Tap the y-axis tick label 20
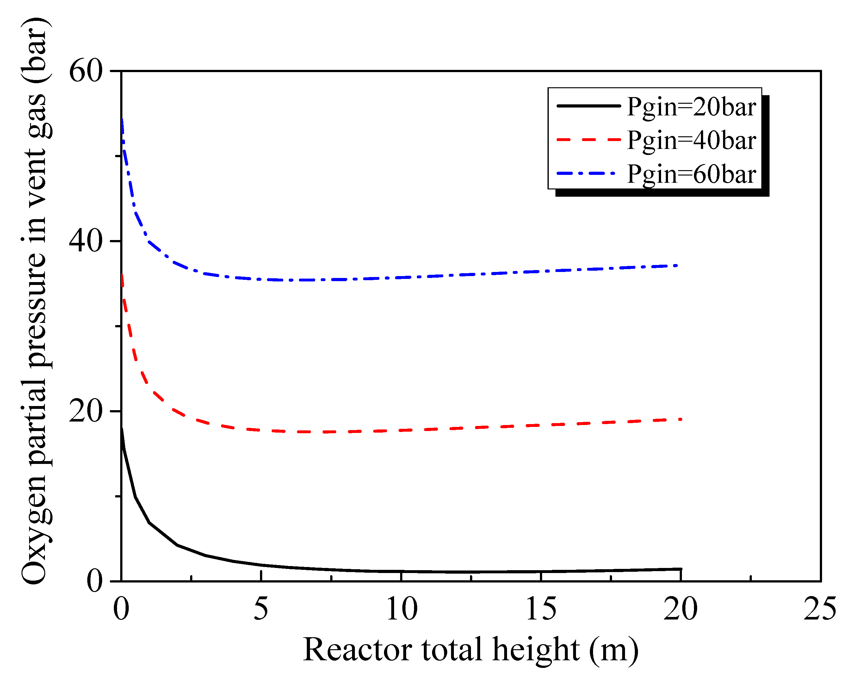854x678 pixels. pos(86,411)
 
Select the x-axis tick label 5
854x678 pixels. pos(261,608)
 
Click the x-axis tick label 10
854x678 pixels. pos(401,608)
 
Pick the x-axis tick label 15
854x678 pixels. pos(541,608)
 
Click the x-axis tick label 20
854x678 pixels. pos(680,608)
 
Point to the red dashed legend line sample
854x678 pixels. pos(588,139)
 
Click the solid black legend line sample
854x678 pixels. pos(588,106)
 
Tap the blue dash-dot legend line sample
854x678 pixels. pos(586,173)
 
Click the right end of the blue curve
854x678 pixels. pos(677,265)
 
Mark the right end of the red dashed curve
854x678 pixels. pos(680,419)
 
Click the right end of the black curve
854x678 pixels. pos(680,569)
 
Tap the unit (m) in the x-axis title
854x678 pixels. pos(614,651)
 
